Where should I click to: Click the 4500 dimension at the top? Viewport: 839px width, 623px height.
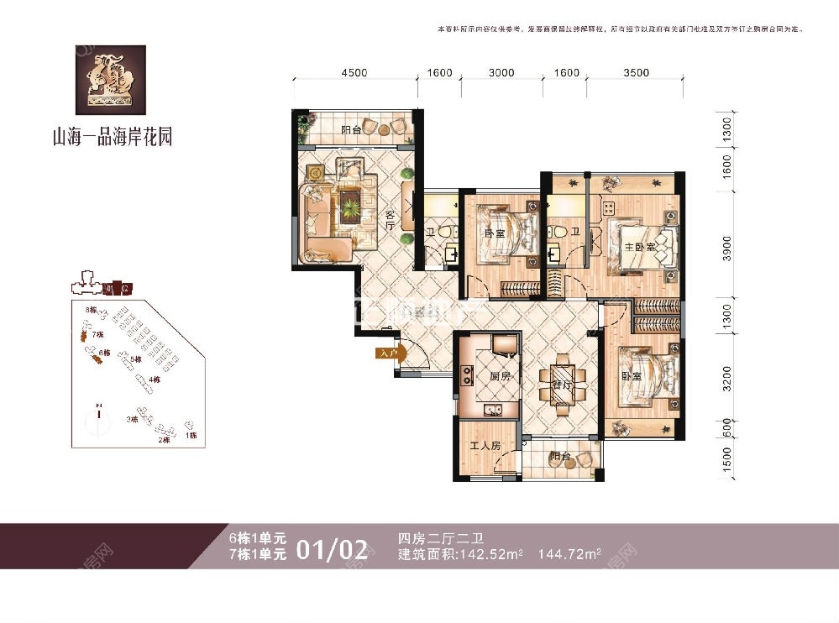click(354, 72)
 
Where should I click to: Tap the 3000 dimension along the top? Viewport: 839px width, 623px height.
click(501, 72)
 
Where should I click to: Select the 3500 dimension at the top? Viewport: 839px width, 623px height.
click(637, 72)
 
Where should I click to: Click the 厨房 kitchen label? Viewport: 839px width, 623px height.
click(501, 377)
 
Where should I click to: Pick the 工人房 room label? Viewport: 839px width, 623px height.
click(485, 447)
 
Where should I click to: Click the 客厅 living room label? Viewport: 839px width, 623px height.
click(391, 222)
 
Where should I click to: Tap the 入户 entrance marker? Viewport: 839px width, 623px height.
click(387, 353)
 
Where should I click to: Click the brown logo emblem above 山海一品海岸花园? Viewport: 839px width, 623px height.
click(112, 80)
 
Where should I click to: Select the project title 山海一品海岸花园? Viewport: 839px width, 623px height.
click(112, 136)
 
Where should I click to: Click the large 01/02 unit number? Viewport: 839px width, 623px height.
click(332, 550)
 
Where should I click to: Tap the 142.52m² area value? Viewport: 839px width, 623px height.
click(493, 554)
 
